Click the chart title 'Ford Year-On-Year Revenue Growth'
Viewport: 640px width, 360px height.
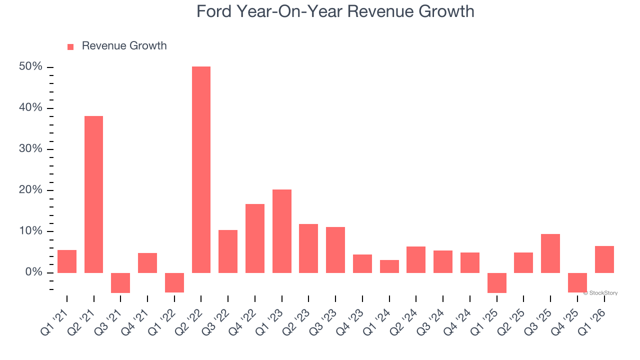(x=335, y=11)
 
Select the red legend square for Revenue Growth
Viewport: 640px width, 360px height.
(x=70, y=46)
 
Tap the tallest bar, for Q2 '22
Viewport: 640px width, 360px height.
(x=201, y=169)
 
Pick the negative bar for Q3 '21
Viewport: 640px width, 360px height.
(x=120, y=282)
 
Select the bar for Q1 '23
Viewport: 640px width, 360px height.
(x=281, y=231)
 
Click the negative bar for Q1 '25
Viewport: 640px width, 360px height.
(x=497, y=282)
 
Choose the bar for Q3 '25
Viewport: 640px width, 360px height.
(x=550, y=253)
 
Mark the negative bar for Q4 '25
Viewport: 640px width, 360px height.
(x=577, y=282)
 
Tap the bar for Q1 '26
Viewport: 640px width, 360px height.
(x=604, y=259)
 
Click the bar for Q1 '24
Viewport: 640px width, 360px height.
(x=389, y=266)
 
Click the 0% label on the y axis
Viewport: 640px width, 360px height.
(x=35, y=272)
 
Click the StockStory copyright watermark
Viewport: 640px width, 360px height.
(x=600, y=293)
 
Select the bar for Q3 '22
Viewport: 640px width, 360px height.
(x=228, y=251)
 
